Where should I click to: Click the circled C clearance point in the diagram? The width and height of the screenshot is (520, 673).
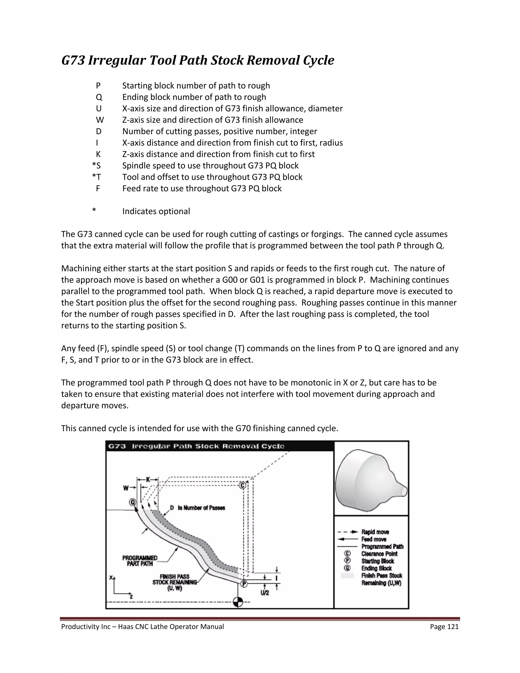[243, 485]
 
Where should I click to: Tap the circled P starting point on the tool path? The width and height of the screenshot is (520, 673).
[244, 584]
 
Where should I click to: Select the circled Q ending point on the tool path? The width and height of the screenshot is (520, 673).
[133, 502]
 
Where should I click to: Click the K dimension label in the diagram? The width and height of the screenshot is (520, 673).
[148, 479]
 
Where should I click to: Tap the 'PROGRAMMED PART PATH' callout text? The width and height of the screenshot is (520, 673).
[140, 561]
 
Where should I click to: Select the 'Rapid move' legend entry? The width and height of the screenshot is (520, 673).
[375, 532]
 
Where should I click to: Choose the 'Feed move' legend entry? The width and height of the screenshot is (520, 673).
[374, 539]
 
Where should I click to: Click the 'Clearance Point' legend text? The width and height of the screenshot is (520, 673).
[379, 554]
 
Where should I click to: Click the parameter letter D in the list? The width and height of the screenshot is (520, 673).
[99, 132]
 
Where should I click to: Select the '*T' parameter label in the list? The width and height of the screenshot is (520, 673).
[96, 177]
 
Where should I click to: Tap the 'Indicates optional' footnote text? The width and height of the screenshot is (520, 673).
[156, 211]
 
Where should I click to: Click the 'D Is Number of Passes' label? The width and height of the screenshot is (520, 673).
[198, 508]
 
